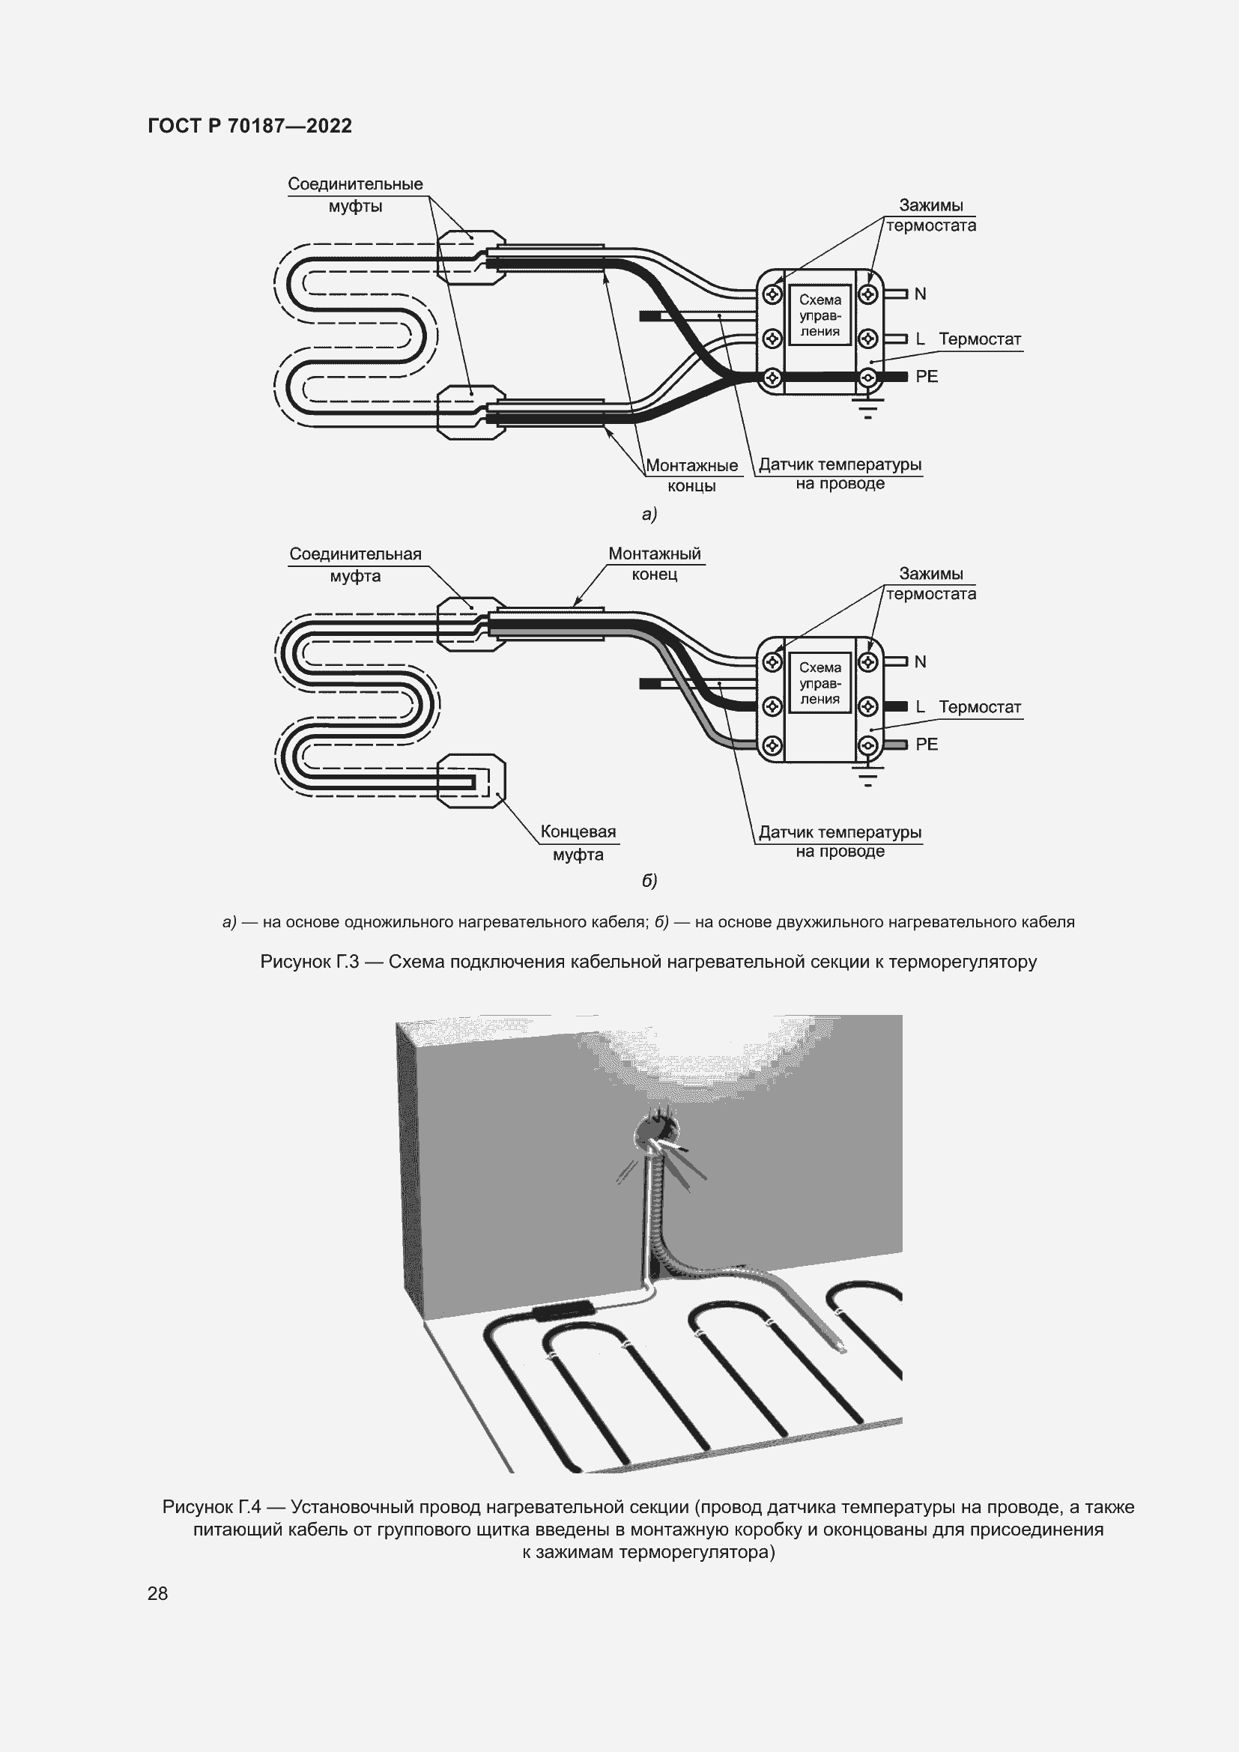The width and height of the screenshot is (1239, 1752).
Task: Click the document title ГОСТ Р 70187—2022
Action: pos(249,126)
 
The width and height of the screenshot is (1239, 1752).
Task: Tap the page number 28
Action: pos(157,1593)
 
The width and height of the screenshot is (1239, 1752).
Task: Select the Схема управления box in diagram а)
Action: pos(820,316)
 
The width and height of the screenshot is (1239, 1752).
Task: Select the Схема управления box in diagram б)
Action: pos(820,683)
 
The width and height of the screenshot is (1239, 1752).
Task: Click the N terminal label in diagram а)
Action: pos(920,294)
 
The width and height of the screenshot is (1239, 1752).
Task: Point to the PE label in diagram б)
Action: pos(926,744)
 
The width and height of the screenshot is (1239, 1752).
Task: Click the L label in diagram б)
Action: pos(920,706)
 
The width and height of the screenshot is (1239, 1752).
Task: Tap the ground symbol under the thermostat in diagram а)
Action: pos(867,410)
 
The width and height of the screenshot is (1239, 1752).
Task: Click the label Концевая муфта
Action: pos(578,843)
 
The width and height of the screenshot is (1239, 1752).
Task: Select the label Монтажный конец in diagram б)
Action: pos(655,564)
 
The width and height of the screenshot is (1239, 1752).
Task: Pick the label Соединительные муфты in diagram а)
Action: pos(355,195)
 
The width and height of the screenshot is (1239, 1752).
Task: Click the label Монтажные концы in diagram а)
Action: pos(691,476)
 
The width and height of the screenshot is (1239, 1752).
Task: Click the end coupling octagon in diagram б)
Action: pos(470,780)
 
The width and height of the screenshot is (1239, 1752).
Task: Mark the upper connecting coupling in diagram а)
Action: pos(470,257)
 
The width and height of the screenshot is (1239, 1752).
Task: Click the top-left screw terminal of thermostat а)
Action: pos(772,294)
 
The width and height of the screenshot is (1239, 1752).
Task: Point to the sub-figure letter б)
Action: pos(649,881)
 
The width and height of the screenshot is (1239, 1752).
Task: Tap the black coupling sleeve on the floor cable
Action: pos(564,1309)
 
